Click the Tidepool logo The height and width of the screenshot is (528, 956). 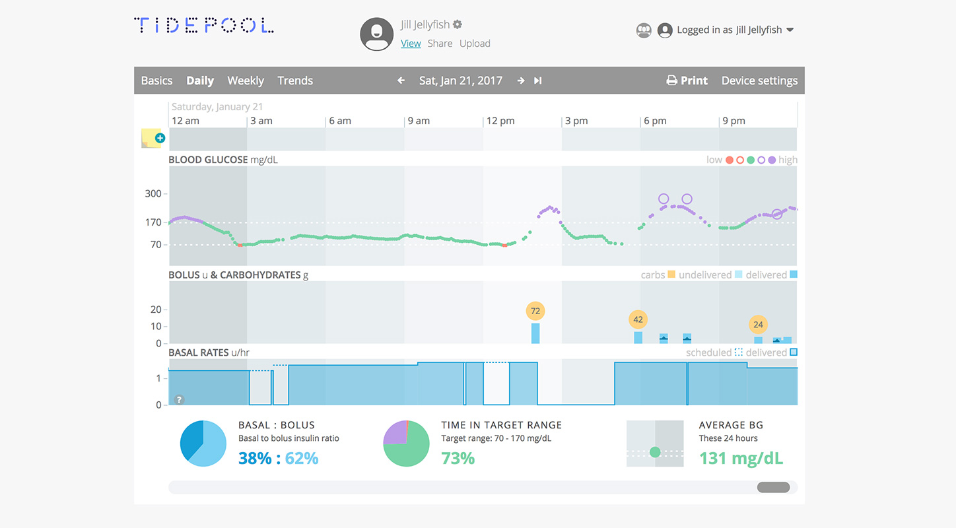[x=204, y=26]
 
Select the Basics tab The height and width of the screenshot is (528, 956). [x=156, y=81]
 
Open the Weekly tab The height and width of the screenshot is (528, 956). [x=246, y=81]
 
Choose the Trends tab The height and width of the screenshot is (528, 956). [x=295, y=81]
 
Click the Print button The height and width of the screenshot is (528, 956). [x=687, y=81]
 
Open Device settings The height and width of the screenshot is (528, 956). [x=759, y=81]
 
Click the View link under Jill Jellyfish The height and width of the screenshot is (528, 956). [x=411, y=44]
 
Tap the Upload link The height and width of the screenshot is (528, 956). [x=475, y=44]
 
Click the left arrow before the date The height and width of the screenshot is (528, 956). [x=401, y=81]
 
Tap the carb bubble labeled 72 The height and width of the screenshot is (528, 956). [x=535, y=311]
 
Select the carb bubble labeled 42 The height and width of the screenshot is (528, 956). [x=638, y=319]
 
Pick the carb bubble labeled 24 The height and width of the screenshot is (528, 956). [x=758, y=325]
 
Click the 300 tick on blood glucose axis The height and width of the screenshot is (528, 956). [x=153, y=193]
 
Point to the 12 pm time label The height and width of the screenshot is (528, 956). [x=500, y=121]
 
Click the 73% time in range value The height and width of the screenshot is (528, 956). [x=458, y=458]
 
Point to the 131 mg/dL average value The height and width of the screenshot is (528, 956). [x=741, y=458]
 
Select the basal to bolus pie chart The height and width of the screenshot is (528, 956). [x=203, y=444]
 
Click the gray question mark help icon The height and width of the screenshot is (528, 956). [x=179, y=399]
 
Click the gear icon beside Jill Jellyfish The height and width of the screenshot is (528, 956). [x=458, y=24]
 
